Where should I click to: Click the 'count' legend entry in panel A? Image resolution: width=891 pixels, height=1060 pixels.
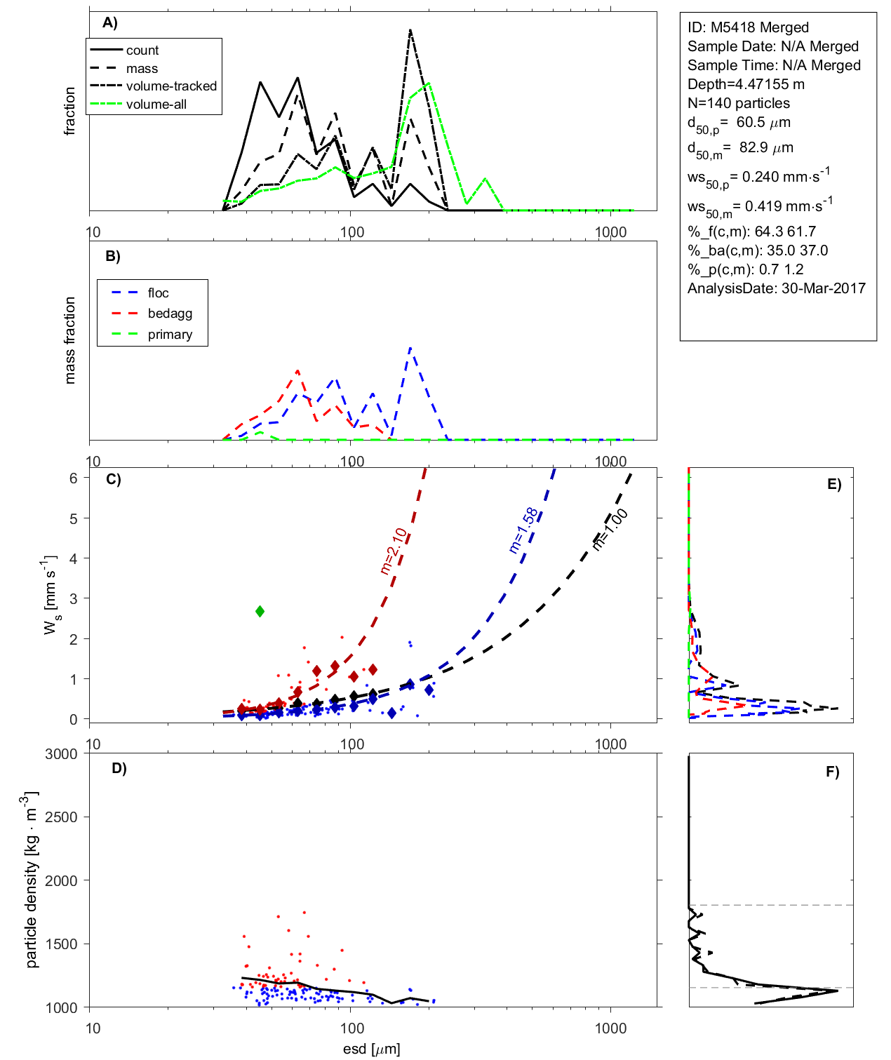pyautogui.click(x=142, y=51)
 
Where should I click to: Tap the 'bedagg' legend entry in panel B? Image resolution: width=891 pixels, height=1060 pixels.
pyautogui.click(x=170, y=314)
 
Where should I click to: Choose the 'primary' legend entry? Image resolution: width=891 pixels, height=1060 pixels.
pyautogui.click(x=170, y=335)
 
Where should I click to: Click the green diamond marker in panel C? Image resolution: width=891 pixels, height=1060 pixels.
pyautogui.click(x=260, y=612)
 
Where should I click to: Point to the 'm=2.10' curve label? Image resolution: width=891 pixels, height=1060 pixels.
pyautogui.click(x=394, y=551)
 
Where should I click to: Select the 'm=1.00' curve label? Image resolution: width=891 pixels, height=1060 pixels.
pyautogui.click(x=610, y=530)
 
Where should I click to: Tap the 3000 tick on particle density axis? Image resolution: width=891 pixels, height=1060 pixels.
pyautogui.click(x=61, y=754)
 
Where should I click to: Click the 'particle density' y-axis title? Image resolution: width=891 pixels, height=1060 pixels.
pyautogui.click(x=32, y=880)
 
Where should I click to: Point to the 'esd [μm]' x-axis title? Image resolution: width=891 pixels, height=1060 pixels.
pyautogui.click(x=371, y=1049)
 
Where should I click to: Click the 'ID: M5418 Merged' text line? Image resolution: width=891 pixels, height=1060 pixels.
pyautogui.click(x=748, y=27)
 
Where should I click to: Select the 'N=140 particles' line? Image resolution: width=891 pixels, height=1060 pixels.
pyautogui.click(x=738, y=103)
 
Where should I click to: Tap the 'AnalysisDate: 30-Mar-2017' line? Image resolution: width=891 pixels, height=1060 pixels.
pyautogui.click(x=776, y=288)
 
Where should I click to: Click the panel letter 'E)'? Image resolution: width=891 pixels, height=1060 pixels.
pyautogui.click(x=833, y=485)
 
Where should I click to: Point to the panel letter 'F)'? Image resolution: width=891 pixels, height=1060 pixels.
pyautogui.click(x=832, y=772)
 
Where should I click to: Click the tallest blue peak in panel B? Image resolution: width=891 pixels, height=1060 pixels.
pyautogui.click(x=410, y=347)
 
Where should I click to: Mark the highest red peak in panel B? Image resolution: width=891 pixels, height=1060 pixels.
pyautogui.click(x=298, y=370)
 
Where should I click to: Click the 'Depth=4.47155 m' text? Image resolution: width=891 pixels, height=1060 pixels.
pyautogui.click(x=746, y=84)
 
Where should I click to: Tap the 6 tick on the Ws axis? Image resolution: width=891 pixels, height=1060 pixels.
pyautogui.click(x=73, y=478)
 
